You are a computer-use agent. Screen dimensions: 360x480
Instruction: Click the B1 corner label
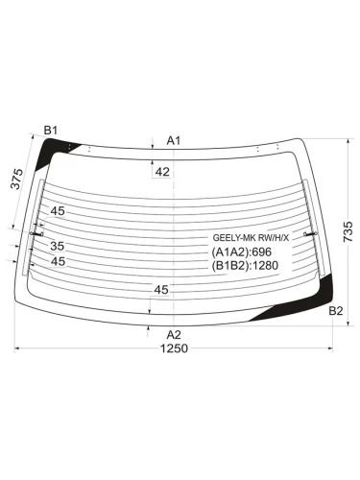50,131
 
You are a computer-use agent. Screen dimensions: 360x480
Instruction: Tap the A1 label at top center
174,140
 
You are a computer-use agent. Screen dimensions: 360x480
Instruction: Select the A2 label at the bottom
174,335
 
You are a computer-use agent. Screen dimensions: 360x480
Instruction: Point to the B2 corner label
336,311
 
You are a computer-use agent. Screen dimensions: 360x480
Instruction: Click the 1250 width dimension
174,348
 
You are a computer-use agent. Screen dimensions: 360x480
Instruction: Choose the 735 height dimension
348,231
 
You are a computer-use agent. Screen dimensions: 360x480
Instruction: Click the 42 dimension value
162,172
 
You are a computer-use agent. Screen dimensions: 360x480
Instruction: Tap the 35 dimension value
58,246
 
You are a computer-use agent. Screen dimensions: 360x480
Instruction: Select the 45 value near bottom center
161,290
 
